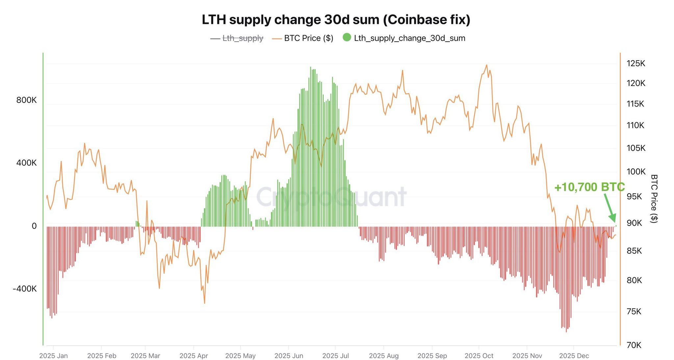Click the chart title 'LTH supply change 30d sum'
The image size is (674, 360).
(x=336, y=20)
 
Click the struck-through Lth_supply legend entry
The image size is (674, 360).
(x=243, y=38)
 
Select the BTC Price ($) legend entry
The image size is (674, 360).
(x=308, y=38)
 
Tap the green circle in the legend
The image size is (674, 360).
(x=347, y=38)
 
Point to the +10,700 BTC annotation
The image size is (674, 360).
(x=589, y=187)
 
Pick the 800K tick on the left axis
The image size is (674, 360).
(x=26, y=100)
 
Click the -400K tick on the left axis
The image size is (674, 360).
(x=25, y=289)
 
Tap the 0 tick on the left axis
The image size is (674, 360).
(x=34, y=226)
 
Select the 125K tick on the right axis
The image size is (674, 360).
(x=635, y=64)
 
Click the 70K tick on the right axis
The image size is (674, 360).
(x=634, y=345)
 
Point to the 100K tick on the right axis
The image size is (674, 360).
(x=636, y=171)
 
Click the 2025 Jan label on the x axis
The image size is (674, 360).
(x=53, y=356)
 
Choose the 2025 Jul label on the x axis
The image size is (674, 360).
(x=335, y=356)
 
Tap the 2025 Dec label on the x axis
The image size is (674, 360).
(x=574, y=356)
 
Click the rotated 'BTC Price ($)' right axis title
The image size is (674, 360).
(x=654, y=199)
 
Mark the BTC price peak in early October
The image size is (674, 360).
(x=486, y=65)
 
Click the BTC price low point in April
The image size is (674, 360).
(x=204, y=303)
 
